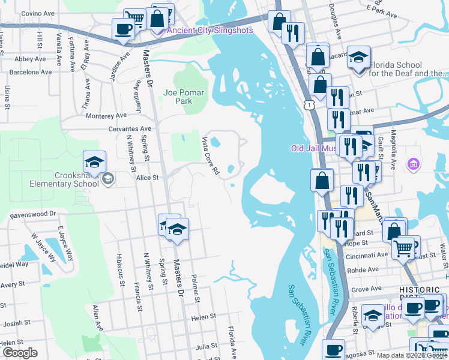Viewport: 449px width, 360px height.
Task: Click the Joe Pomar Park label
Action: (184, 97)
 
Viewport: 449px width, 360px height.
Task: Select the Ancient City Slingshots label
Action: (209, 31)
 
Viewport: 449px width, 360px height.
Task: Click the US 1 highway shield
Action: (309, 105)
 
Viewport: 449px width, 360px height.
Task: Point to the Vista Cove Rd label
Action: (209, 155)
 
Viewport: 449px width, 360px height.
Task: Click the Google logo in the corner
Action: (20, 353)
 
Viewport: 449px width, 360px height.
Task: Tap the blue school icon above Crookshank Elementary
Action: (94, 162)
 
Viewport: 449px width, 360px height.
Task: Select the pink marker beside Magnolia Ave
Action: (412, 163)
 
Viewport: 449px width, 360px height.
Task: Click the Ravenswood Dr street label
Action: (32, 214)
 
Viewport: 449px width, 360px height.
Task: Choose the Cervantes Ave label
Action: (129, 129)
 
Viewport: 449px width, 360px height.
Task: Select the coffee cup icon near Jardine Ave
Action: (124, 29)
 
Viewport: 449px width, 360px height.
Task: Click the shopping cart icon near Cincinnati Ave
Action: (403, 247)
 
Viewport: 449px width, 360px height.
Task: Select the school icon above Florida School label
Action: (358, 58)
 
